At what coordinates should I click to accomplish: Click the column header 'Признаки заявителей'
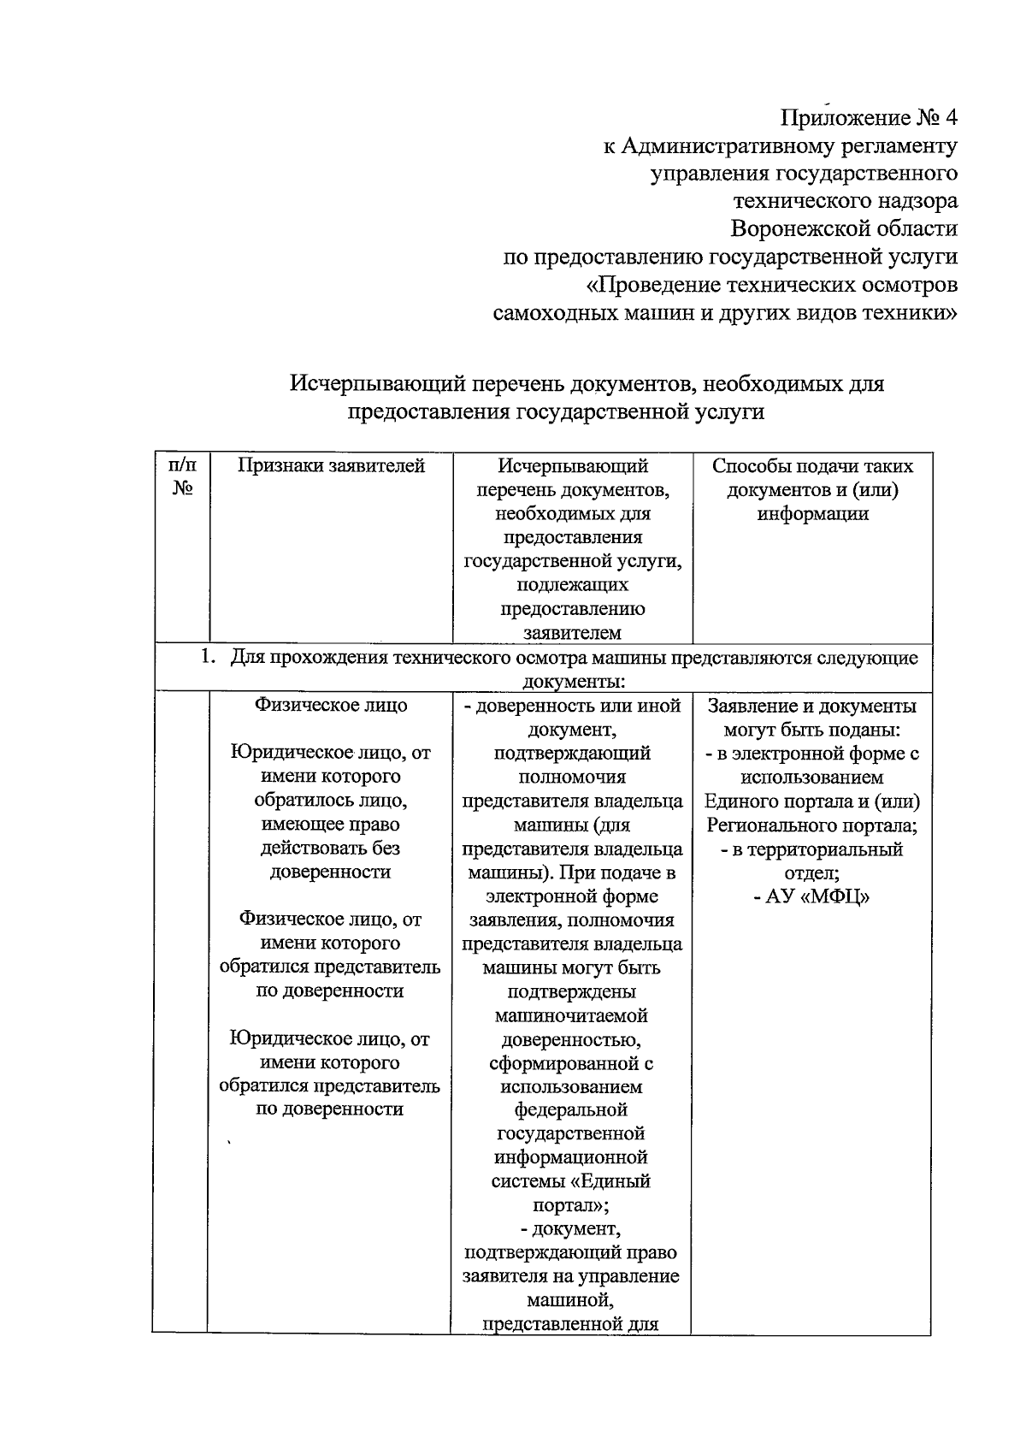tap(331, 466)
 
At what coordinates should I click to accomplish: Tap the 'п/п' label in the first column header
tap(182, 466)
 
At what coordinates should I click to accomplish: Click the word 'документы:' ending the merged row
tap(573, 682)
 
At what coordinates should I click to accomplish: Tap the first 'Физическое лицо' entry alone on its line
tap(331, 706)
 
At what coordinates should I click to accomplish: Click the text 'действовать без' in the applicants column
tap(330, 849)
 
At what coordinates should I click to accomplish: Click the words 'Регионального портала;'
tap(811, 825)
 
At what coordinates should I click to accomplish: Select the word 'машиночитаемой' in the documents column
tap(571, 1016)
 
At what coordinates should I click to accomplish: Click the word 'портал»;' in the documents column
tap(571, 1205)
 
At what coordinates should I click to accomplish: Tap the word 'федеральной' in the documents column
tap(571, 1110)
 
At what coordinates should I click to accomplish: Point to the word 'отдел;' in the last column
tap(811, 873)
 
